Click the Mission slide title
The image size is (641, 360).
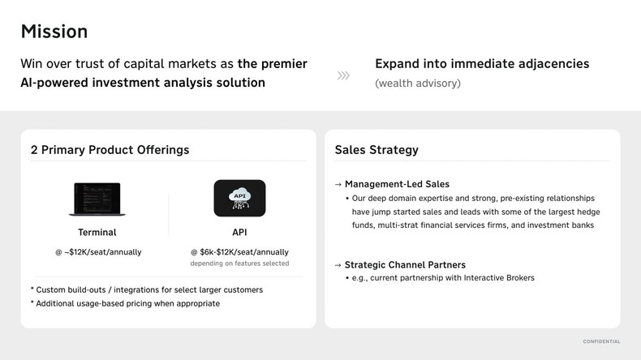click(54, 32)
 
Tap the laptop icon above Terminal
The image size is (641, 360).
click(97, 199)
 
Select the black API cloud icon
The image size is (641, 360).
click(239, 198)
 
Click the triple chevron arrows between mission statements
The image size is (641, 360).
click(343, 75)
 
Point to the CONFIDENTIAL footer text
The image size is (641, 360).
click(601, 341)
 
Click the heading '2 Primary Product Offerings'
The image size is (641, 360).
click(110, 150)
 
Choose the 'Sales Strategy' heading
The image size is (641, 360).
click(376, 150)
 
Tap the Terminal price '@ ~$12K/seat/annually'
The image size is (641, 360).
click(98, 252)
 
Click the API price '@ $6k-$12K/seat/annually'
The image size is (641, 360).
click(239, 252)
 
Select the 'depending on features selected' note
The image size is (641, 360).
click(239, 264)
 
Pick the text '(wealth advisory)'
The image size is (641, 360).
click(418, 84)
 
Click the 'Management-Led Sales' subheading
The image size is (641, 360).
click(397, 184)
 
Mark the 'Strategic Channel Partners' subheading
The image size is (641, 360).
click(405, 265)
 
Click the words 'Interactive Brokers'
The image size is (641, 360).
click(499, 278)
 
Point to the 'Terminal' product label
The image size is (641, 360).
click(97, 233)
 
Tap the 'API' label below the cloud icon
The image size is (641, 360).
click(239, 233)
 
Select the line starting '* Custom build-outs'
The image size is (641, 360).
click(147, 289)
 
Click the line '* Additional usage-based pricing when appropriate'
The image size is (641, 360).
click(125, 303)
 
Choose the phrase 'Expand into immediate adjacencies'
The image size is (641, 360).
click(482, 64)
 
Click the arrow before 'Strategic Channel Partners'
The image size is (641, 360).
click(338, 265)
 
